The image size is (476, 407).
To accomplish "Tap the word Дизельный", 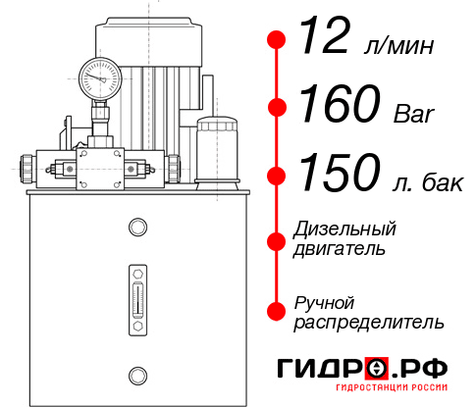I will point(345,229).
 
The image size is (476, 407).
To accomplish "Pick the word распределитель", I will point(369,322).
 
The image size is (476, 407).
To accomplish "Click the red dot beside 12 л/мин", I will point(277,40).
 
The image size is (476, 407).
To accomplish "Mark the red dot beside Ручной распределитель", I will point(277,311).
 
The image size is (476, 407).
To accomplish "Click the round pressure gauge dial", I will point(100,75).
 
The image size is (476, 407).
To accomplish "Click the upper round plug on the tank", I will point(136,229).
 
